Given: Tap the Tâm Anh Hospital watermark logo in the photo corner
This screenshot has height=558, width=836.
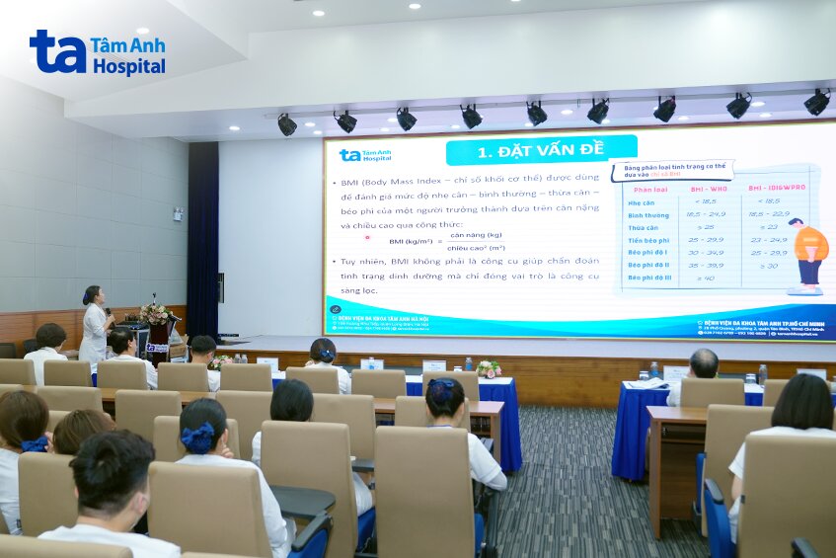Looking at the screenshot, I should coord(97,52).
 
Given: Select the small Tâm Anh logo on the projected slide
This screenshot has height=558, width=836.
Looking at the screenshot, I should coord(365,155).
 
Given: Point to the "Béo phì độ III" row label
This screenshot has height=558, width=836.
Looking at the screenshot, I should coord(649,278).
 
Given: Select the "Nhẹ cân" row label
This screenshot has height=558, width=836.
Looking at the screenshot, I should coord(643,200).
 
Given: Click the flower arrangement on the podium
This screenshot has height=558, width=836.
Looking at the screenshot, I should coord(154,314).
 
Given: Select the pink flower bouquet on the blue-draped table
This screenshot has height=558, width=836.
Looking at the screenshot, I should coord(488,368).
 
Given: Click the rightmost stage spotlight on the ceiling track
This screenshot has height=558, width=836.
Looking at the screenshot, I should coord(816,102).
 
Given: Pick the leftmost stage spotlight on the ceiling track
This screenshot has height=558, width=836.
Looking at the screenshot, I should coord(286,124).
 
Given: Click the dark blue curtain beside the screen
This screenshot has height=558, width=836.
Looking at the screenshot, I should coord(202,237).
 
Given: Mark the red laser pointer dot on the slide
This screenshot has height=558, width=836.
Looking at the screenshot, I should coord(367,237).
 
